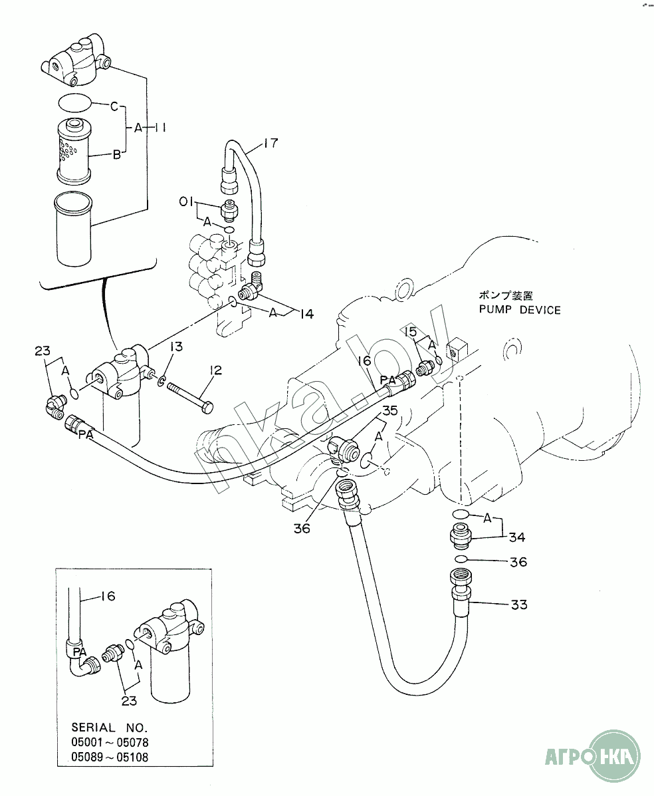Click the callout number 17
click(x=271, y=143)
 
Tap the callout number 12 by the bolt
click(x=215, y=370)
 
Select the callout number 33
click(x=519, y=604)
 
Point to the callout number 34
click(x=517, y=537)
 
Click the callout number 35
click(x=389, y=410)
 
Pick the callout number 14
click(x=306, y=315)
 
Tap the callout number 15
click(x=411, y=332)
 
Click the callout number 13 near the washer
click(x=176, y=346)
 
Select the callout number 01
click(x=185, y=202)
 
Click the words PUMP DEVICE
click(x=520, y=310)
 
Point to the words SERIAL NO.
click(x=109, y=727)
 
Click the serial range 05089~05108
click(x=110, y=757)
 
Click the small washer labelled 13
click(x=161, y=380)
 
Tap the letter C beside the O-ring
click(x=114, y=106)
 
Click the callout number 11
click(x=160, y=128)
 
